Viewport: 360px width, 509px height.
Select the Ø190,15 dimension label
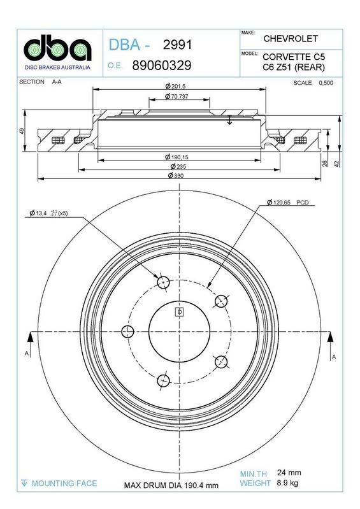click(x=176, y=157)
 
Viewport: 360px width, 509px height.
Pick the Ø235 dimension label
click(x=176, y=166)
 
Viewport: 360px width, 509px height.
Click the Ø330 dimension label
click(x=176, y=175)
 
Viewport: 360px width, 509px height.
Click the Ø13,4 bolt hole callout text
click(x=48, y=213)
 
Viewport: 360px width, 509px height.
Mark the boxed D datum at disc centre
click(x=179, y=312)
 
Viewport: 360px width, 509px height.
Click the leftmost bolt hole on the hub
click(x=128, y=331)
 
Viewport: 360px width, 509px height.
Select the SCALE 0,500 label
click(x=313, y=82)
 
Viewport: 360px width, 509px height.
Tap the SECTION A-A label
click(x=41, y=82)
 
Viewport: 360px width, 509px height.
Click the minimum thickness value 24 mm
click(x=289, y=473)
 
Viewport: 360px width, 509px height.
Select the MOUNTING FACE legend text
click(x=64, y=483)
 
